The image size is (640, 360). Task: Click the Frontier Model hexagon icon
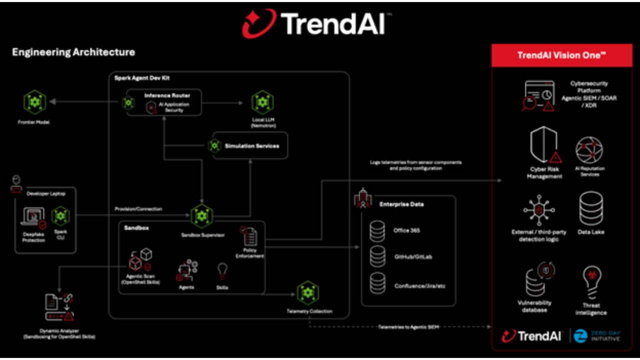coord(34,102)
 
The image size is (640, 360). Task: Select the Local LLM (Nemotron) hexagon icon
coord(261,102)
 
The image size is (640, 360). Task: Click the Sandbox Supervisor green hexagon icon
coord(202,216)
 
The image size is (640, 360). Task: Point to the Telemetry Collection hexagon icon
coord(308,293)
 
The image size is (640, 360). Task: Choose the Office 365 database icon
coord(377,230)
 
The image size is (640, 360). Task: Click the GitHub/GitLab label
coord(413,257)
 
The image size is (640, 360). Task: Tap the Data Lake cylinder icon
coord(590,208)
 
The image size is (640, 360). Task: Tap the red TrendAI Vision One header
coord(561,55)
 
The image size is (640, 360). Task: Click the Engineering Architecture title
coord(73,52)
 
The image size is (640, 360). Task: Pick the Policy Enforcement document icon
coord(249,235)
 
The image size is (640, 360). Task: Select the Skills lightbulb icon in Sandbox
coord(222,271)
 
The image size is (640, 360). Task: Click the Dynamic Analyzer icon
coord(59,307)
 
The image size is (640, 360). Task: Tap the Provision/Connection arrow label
coord(138,209)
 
